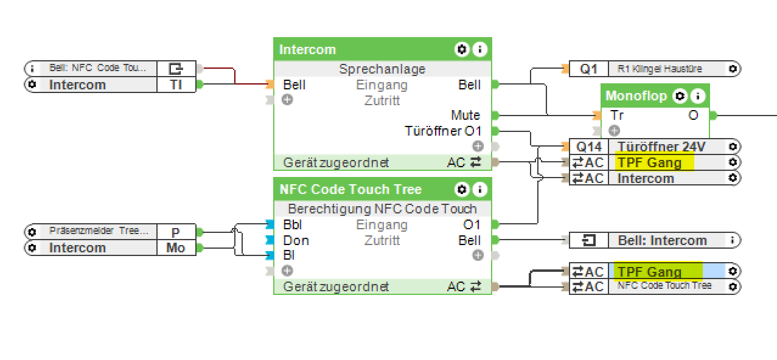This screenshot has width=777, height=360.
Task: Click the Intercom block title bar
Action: (365, 50)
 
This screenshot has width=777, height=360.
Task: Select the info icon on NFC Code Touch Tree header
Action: (480, 189)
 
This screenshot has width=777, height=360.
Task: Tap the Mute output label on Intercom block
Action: (465, 115)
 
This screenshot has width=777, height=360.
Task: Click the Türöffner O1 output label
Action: (442, 131)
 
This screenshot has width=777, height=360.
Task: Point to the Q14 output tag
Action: (588, 147)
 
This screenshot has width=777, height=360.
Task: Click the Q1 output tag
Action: (588, 69)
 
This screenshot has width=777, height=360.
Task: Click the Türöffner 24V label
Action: (661, 147)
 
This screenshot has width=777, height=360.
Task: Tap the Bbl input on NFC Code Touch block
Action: (292, 225)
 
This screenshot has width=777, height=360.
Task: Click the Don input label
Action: (296, 241)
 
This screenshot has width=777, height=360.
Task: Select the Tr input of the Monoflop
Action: (617, 115)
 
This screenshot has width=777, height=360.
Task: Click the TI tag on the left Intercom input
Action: (176, 85)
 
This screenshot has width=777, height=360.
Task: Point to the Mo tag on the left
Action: (176, 247)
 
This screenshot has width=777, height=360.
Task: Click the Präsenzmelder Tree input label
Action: (99, 231)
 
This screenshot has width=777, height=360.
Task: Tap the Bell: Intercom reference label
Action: (662, 240)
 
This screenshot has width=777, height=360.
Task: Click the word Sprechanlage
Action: (382, 69)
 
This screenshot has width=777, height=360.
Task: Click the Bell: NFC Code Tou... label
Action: (97, 68)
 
